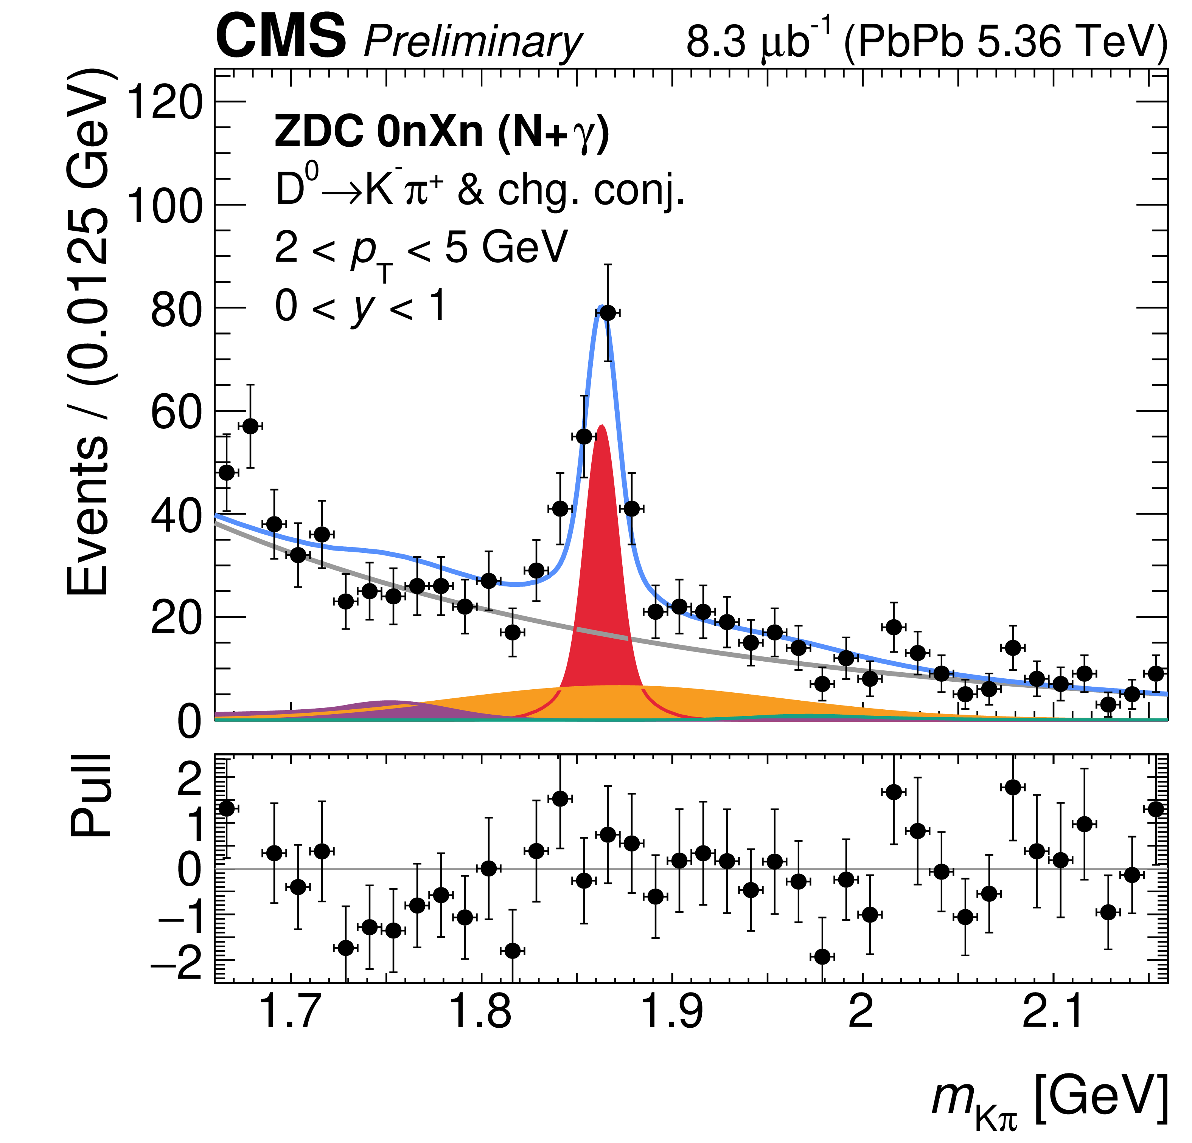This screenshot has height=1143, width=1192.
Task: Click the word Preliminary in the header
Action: click(x=472, y=43)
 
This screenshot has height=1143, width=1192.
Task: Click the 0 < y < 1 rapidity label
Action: click(x=361, y=306)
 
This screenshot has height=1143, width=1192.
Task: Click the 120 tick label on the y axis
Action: click(x=163, y=102)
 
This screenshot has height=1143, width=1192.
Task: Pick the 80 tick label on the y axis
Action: click(x=175, y=308)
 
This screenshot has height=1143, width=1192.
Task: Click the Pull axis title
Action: click(x=91, y=796)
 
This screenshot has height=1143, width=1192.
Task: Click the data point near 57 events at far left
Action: click(x=250, y=426)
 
